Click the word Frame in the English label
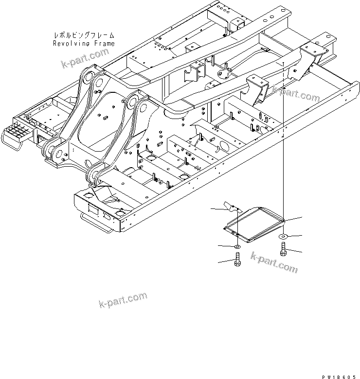point(104,43)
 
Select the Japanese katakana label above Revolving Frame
point(84,35)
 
